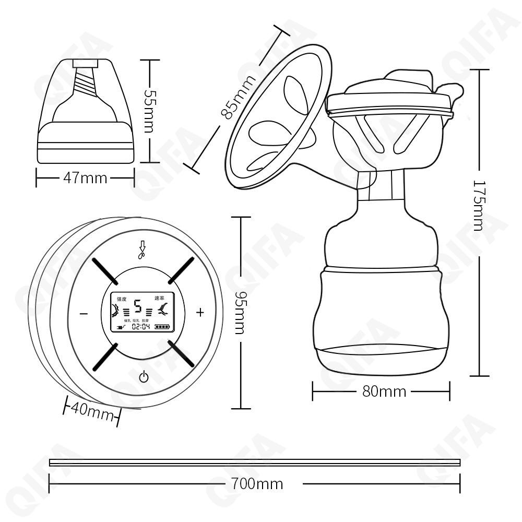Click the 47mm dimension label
(x=85, y=178)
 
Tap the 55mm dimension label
(x=148, y=110)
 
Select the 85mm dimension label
(x=238, y=97)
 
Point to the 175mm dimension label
(x=479, y=205)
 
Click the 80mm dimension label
(x=384, y=391)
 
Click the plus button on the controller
(x=200, y=313)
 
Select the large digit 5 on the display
(x=138, y=305)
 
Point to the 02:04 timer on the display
(x=140, y=327)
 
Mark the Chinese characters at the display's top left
(x=122, y=299)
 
